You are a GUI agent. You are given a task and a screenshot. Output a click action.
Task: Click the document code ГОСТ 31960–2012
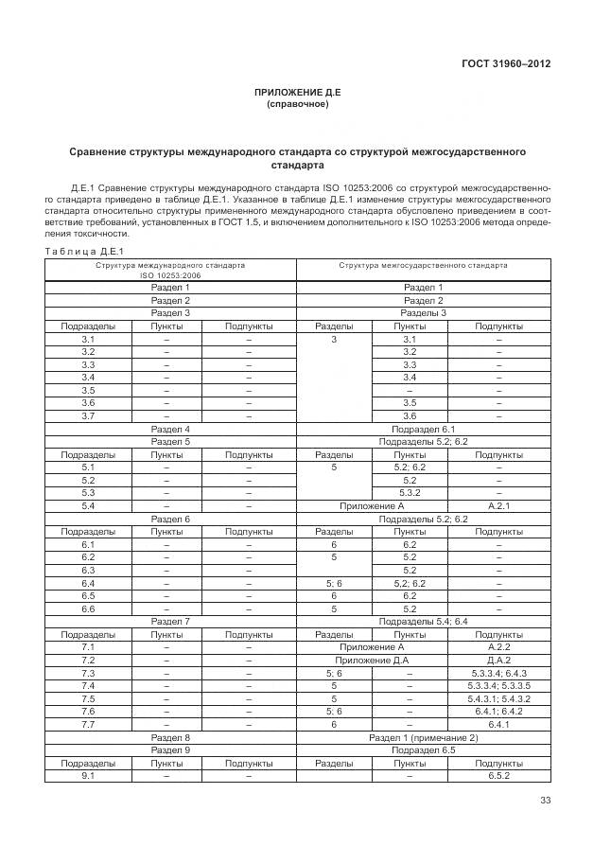(508, 64)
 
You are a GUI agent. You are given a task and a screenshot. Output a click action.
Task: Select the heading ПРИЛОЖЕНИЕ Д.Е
(297, 92)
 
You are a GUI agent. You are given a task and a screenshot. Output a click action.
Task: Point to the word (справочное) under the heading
(297, 104)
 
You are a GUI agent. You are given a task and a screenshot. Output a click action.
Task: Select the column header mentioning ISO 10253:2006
(170, 270)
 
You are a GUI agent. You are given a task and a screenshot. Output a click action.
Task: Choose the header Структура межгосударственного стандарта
(423, 266)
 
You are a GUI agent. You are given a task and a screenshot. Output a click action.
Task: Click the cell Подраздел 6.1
(423, 429)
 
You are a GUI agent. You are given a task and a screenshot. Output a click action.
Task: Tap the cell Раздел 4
(170, 429)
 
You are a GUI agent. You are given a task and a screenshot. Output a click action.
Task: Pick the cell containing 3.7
(88, 415)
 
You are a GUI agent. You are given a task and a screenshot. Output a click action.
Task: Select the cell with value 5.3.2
(410, 493)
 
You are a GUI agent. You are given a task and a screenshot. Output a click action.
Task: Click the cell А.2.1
(498, 506)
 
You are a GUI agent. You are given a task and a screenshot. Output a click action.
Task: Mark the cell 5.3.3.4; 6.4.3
(498, 672)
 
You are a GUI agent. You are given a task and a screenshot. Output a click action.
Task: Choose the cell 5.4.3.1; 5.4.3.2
(498, 697)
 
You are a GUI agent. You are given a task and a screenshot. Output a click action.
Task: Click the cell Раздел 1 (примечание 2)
(423, 736)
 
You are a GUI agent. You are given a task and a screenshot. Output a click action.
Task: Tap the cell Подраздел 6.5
(423, 749)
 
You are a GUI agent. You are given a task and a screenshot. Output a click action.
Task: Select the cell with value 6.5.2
(498, 775)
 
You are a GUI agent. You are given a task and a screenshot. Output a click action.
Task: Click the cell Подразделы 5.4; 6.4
(423, 621)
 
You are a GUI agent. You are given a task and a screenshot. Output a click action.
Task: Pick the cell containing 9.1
(88, 775)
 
